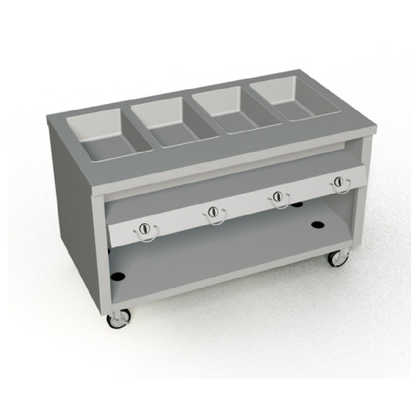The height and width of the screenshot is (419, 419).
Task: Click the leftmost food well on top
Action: pyautogui.click(x=109, y=134)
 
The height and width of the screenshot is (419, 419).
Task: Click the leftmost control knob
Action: pyautogui.click(x=145, y=228)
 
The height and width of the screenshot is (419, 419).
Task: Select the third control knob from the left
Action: pyautogui.click(x=278, y=196)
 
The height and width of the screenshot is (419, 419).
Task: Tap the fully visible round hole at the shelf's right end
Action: pyautogui.click(x=318, y=225)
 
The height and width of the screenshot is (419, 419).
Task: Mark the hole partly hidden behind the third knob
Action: pyautogui.click(x=297, y=205)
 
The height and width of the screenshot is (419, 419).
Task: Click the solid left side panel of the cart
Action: pyautogui.click(x=72, y=209)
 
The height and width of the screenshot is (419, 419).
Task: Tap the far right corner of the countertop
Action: pyautogui.click(x=374, y=123)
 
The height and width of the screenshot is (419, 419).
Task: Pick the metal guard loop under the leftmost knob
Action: pyautogui.click(x=145, y=236)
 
